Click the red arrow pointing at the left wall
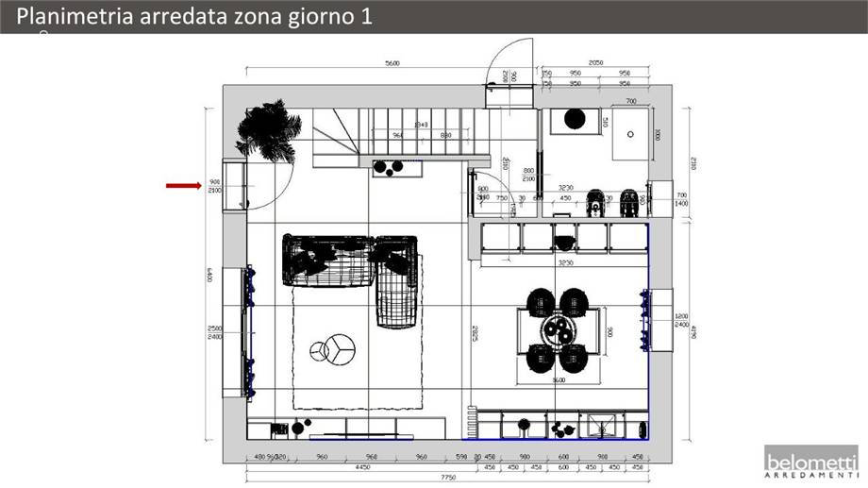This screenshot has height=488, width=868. coord(181,186)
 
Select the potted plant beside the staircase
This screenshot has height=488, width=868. coord(269,130)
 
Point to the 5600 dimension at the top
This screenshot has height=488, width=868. coord(392,63)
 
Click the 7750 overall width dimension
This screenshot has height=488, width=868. coord(448,478)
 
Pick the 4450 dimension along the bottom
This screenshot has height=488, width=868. coord(361,466)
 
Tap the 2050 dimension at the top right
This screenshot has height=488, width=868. coord(595,62)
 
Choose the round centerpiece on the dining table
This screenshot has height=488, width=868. coord(558,331)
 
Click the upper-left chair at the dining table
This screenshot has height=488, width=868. coord(541,303)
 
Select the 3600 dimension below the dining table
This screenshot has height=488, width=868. coord(559,379)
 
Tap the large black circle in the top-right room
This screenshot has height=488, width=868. coord(574,119)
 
